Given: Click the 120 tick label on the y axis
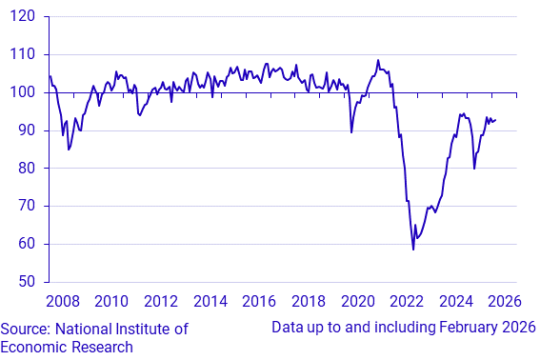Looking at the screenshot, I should [x=24, y=17].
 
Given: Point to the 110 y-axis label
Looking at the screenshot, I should [x=24, y=55].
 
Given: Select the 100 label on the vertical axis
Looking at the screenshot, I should [x=24, y=92].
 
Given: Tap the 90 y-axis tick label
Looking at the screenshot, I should [x=28, y=130].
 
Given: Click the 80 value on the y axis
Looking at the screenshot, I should [x=28, y=169].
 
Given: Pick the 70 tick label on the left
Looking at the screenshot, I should [x=28, y=206].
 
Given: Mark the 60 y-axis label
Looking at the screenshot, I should [x=28, y=244].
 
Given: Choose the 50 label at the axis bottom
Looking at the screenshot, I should [x=28, y=282].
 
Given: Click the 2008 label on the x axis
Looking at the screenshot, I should [x=63, y=303].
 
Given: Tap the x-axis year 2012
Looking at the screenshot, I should [x=161, y=303].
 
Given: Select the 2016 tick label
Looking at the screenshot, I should [x=259, y=303].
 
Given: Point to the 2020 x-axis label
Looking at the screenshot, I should [x=358, y=303].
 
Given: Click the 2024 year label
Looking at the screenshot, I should [x=456, y=303].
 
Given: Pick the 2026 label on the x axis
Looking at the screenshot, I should [x=505, y=303].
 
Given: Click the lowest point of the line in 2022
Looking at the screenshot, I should [x=413, y=250].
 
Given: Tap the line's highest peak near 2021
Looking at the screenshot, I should [x=378, y=60].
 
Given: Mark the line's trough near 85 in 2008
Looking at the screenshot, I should [x=69, y=150].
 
